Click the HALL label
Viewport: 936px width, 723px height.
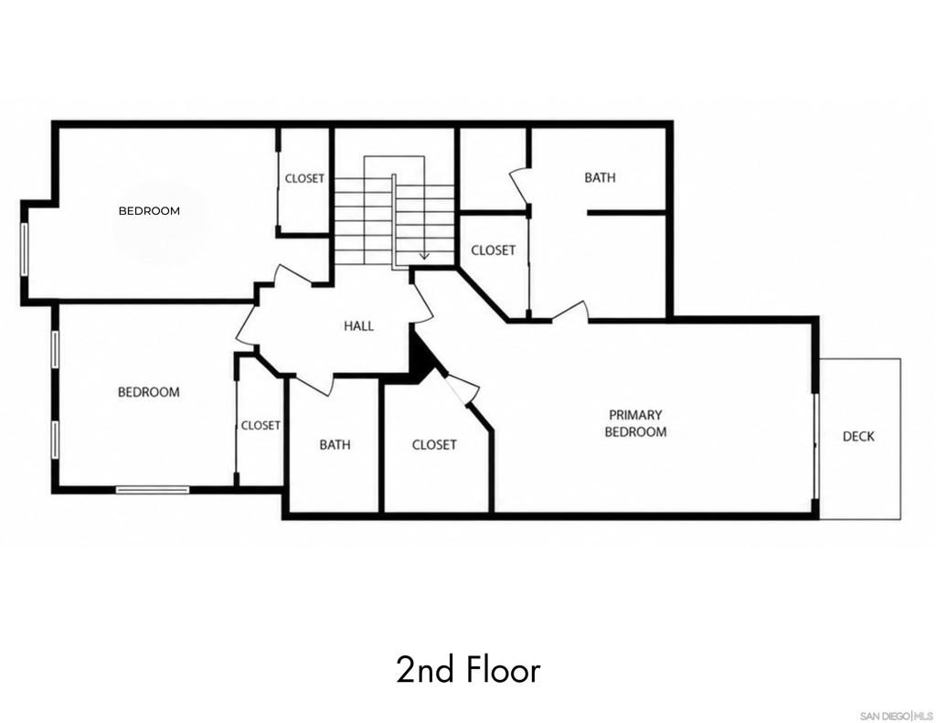[358, 326]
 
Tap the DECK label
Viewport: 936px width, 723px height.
[858, 436]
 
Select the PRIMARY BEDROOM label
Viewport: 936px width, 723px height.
[635, 423]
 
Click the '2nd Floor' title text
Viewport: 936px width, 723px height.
[469, 670]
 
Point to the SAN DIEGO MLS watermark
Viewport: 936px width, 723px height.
[896, 716]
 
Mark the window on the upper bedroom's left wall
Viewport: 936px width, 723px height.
[25, 250]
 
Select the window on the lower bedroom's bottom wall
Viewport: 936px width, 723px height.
[153, 490]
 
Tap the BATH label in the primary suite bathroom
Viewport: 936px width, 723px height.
[600, 177]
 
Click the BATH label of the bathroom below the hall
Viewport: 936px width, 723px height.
[335, 445]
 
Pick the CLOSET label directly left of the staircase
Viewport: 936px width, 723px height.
[304, 178]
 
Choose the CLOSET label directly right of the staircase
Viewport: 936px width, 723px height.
[493, 250]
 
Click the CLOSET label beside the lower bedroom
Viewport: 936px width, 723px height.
[261, 426]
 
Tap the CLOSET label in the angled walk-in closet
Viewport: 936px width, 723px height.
[434, 445]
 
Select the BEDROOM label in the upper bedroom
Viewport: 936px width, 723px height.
[149, 211]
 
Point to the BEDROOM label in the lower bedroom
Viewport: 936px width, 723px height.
[149, 392]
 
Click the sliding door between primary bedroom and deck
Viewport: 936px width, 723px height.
[815, 445]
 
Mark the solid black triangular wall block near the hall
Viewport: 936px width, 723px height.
[421, 359]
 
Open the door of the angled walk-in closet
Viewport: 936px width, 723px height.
[463, 390]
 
